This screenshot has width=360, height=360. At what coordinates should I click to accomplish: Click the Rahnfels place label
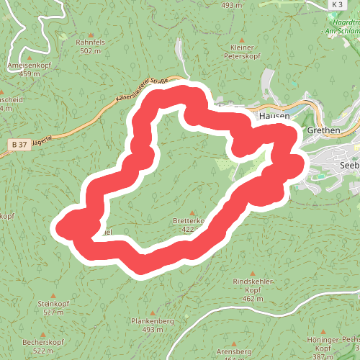[x=90, y=42]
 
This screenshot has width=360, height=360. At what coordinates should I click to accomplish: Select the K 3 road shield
[x=337, y=5]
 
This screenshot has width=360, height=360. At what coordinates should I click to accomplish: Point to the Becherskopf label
[x=44, y=342]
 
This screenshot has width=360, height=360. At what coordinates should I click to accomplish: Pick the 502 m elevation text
[x=90, y=51]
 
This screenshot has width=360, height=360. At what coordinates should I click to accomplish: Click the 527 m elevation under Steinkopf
[x=53, y=312]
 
